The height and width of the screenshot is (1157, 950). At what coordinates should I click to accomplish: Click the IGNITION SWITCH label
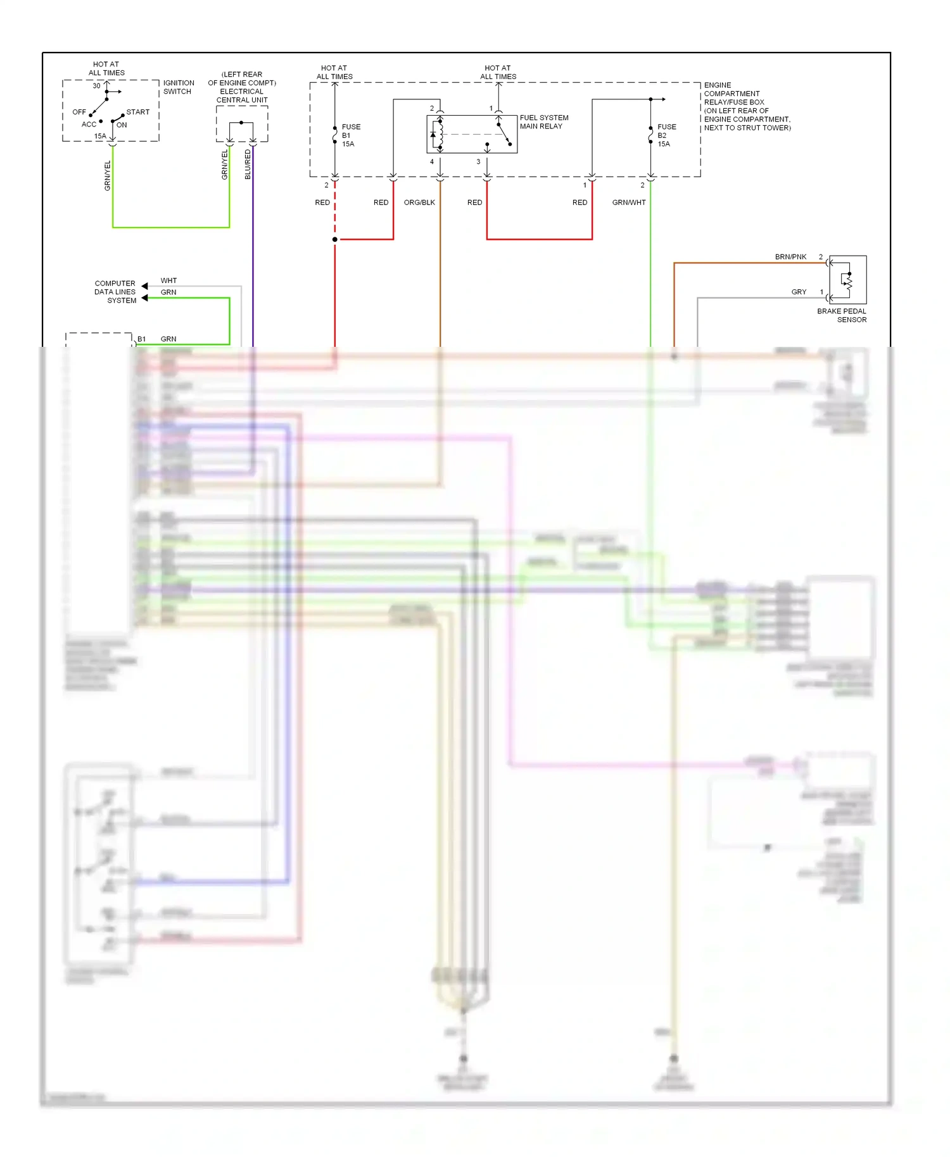[x=179, y=87]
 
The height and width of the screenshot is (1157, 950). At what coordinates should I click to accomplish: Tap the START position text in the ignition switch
[x=137, y=112]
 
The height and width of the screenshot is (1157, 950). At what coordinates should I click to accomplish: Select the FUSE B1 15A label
[x=351, y=135]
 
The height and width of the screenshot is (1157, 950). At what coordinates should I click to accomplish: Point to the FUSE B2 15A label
[x=666, y=135]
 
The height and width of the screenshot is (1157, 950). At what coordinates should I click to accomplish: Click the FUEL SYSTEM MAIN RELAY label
[x=543, y=122]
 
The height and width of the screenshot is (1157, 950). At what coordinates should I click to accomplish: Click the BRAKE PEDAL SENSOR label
[x=842, y=315]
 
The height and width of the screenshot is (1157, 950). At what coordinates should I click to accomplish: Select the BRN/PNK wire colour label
[x=790, y=257]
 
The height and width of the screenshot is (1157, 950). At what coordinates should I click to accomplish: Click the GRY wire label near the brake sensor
[x=799, y=292]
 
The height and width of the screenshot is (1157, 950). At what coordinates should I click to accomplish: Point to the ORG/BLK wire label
[x=419, y=203]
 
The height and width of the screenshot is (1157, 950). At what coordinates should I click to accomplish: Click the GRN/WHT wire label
[x=628, y=203]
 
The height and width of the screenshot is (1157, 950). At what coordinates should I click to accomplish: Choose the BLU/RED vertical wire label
[x=248, y=165]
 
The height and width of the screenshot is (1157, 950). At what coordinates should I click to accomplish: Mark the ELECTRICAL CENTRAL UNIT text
[x=242, y=96]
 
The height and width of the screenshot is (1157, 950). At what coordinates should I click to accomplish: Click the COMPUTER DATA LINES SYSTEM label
[x=115, y=292]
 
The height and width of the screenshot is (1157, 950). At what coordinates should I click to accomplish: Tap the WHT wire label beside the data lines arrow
[x=168, y=280]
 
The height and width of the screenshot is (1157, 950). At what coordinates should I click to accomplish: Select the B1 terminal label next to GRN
[x=141, y=339]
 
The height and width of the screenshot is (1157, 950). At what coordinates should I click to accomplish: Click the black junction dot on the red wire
[x=335, y=239]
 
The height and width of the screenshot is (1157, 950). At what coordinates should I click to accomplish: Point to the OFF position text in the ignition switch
[x=79, y=112]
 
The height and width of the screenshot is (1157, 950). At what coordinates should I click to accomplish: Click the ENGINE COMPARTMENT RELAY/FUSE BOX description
[x=747, y=106]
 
